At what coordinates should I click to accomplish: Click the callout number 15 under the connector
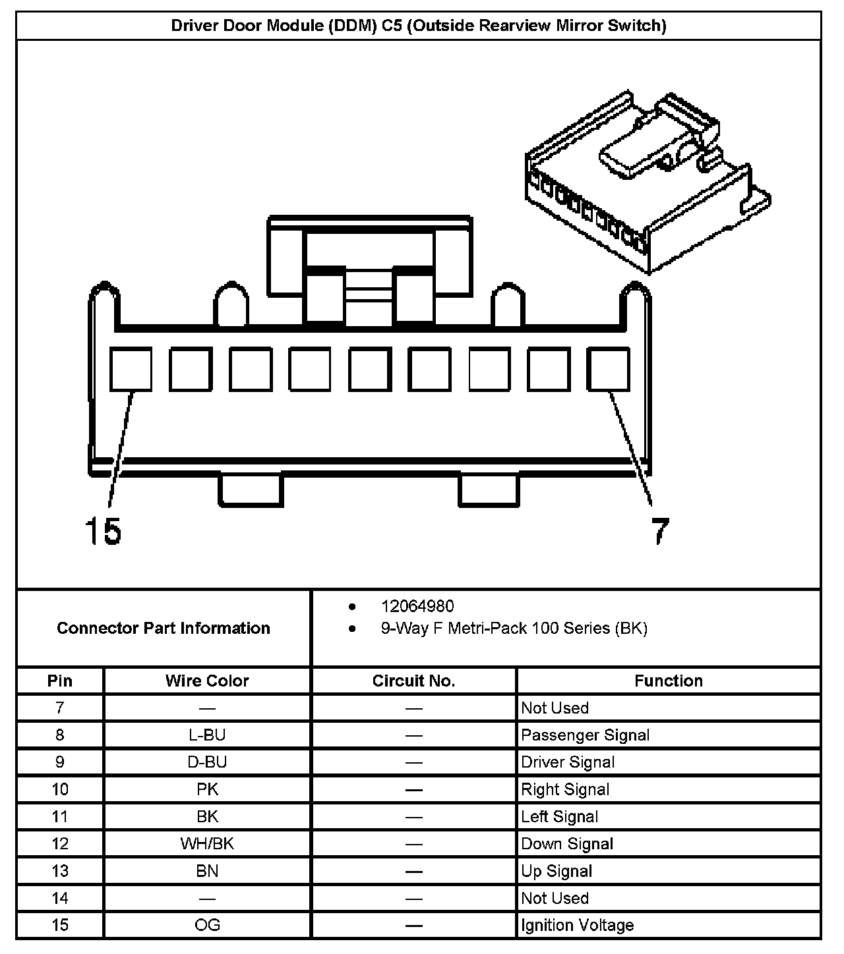[104, 531]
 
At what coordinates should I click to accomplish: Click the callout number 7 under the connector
[659, 531]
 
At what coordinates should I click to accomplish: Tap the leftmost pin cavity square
[130, 369]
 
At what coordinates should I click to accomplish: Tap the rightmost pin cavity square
[608, 369]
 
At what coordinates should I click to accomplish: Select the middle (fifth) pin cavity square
[369, 369]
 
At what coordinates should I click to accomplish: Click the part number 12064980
[417, 606]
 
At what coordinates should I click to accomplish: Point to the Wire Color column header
[207, 681]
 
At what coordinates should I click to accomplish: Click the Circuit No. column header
[413, 681]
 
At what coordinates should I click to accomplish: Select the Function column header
[669, 681]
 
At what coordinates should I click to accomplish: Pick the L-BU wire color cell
[207, 735]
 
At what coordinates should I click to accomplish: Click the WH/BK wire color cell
[207, 844]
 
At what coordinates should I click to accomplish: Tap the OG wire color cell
[207, 925]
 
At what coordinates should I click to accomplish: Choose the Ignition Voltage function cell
[578, 925]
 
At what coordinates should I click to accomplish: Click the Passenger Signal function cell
[586, 735]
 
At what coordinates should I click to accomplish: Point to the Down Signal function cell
[567, 844]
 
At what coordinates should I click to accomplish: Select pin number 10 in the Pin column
[60, 789]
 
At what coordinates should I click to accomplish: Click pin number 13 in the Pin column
[60, 871]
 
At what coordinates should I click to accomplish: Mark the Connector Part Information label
[164, 628]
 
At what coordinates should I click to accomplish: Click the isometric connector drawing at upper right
[646, 184]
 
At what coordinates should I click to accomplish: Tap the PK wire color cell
[207, 789]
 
